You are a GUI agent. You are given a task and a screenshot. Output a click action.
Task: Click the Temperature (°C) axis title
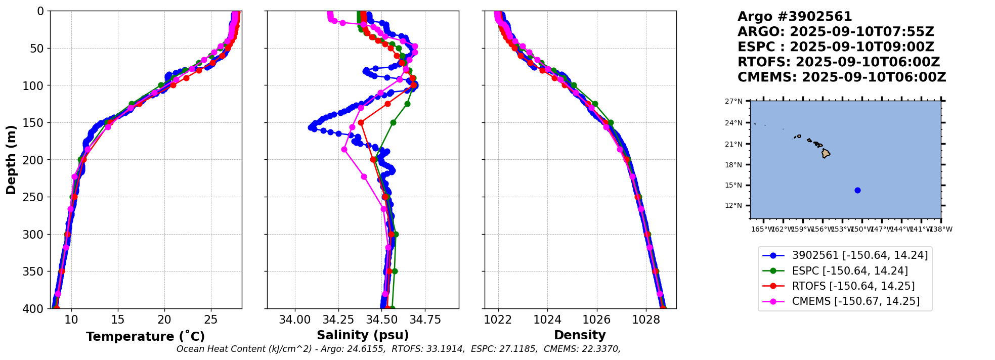(x=145, y=337)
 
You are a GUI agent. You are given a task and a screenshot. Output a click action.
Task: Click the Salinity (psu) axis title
(x=363, y=335)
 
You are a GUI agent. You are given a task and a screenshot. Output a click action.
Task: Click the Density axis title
(x=580, y=335)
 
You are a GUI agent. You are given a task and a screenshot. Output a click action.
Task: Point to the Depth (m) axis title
(x=11, y=160)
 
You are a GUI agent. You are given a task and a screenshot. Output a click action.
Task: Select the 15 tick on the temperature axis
(x=118, y=320)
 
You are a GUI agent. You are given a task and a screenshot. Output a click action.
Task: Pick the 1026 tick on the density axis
(x=597, y=320)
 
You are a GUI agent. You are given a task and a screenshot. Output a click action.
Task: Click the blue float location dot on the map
(x=857, y=191)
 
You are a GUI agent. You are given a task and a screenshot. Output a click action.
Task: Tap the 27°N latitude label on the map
(x=733, y=101)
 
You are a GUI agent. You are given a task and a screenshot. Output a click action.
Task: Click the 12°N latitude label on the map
(x=733, y=206)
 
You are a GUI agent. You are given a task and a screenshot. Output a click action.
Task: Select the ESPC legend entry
(x=850, y=271)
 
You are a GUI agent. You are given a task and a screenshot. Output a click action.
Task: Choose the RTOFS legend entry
(x=853, y=286)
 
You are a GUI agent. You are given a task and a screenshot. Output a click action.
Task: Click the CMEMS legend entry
(x=855, y=301)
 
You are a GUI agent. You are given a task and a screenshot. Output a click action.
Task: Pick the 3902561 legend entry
(x=859, y=256)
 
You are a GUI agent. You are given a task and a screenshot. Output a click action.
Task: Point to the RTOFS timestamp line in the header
(x=838, y=62)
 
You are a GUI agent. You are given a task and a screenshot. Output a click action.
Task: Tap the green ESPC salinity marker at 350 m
(x=395, y=272)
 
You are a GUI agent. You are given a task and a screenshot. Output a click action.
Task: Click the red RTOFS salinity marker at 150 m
(x=361, y=123)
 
